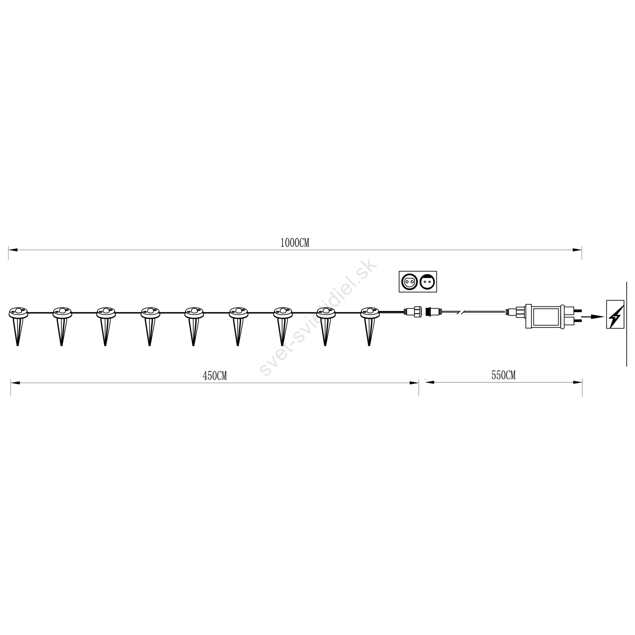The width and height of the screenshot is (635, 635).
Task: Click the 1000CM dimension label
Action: [294, 243]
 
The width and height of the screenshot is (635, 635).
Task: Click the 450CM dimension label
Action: [215, 376]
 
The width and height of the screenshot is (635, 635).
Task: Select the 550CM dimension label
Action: [504, 375]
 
